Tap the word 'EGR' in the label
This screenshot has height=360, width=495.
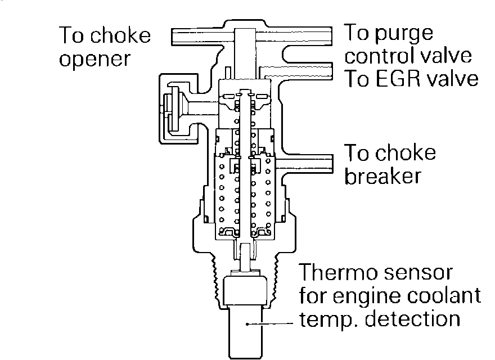click(395, 78)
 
